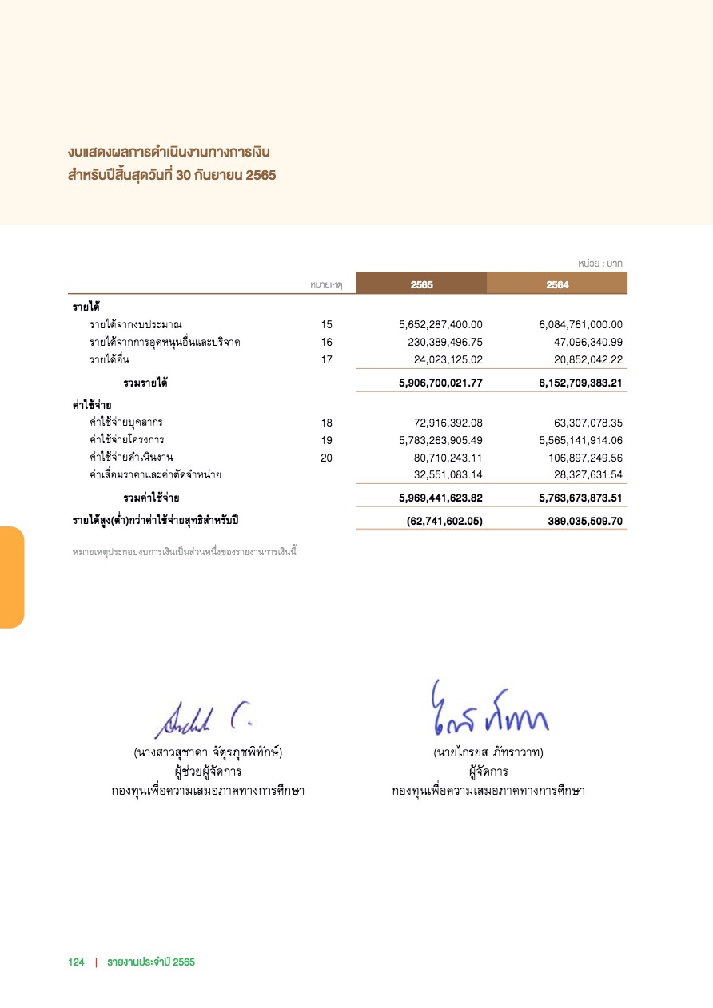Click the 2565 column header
pyautogui.click(x=421, y=284)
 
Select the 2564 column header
pyautogui.click(x=557, y=284)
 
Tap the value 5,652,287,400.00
pyautogui.click(x=440, y=324)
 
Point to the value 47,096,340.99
pyautogui.click(x=581, y=342)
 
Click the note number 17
pyautogui.click(x=326, y=359)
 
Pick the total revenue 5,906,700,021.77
pyautogui.click(x=440, y=383)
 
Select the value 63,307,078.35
pyautogui.click(x=581, y=422)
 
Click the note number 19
pyautogui.click(x=326, y=439)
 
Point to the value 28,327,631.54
pyautogui.click(x=581, y=474)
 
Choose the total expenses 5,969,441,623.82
pyautogui.click(x=440, y=498)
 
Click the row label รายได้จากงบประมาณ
pyautogui.click(x=136, y=324)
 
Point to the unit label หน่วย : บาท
pyautogui.click(x=599, y=263)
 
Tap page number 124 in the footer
pyautogui.click(x=76, y=962)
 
